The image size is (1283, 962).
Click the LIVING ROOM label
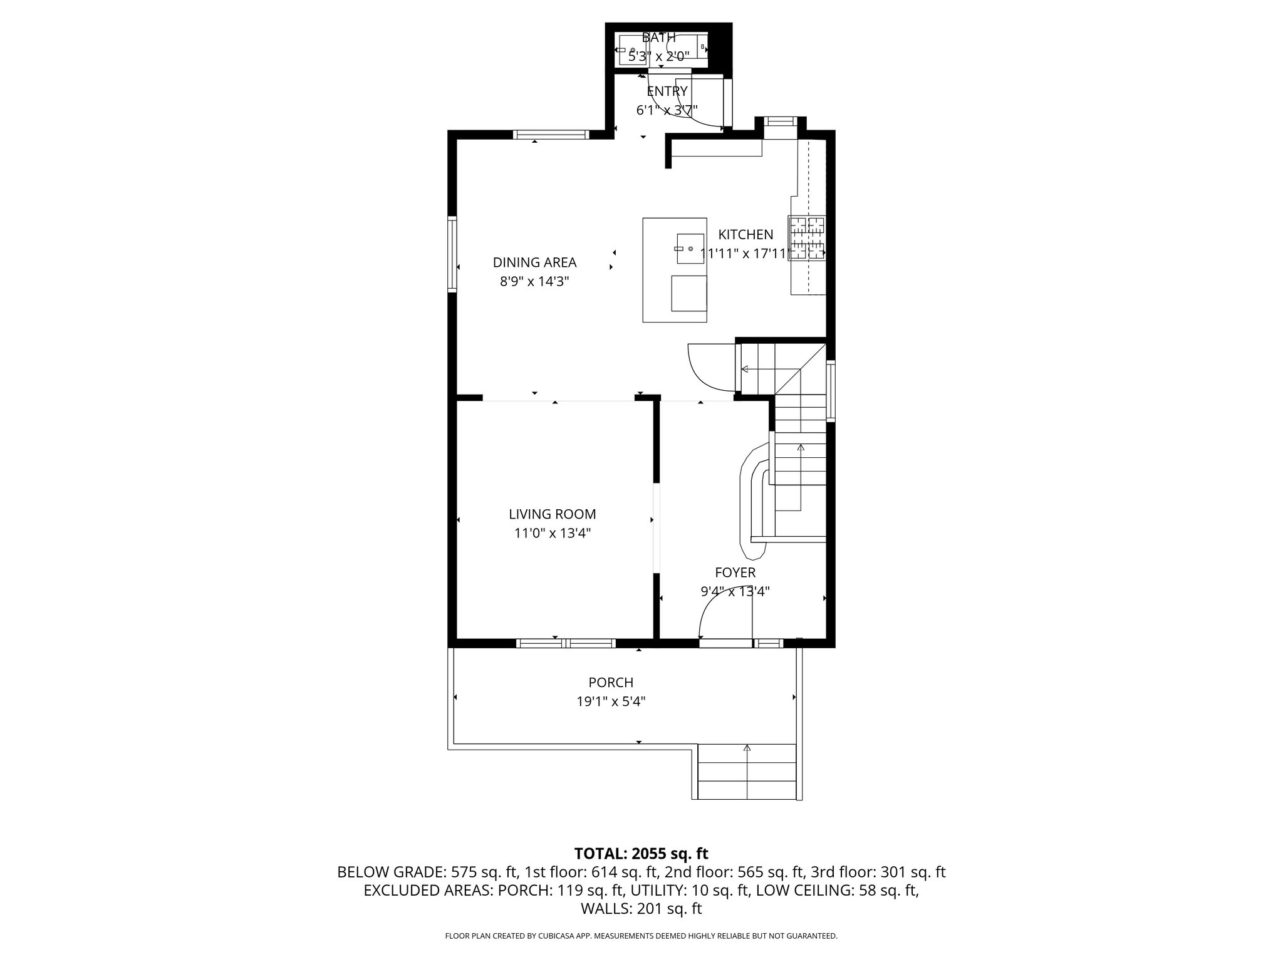[x=552, y=514]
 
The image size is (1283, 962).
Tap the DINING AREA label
[x=534, y=262]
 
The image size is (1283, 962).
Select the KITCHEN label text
[x=745, y=235]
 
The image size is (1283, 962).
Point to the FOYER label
[x=735, y=572]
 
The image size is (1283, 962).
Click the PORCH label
[x=611, y=682]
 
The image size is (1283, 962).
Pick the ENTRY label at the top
[x=667, y=91]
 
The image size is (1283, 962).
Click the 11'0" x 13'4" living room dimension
[x=552, y=534]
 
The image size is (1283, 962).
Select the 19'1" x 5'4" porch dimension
[x=611, y=701]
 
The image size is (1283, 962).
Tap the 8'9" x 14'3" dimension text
[x=534, y=282]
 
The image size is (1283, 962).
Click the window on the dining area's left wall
[x=452, y=253]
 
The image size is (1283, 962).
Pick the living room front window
[x=566, y=643]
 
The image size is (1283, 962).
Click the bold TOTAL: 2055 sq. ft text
[x=641, y=853]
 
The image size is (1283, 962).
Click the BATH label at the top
[x=658, y=38]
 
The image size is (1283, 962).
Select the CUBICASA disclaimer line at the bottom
[x=641, y=936]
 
